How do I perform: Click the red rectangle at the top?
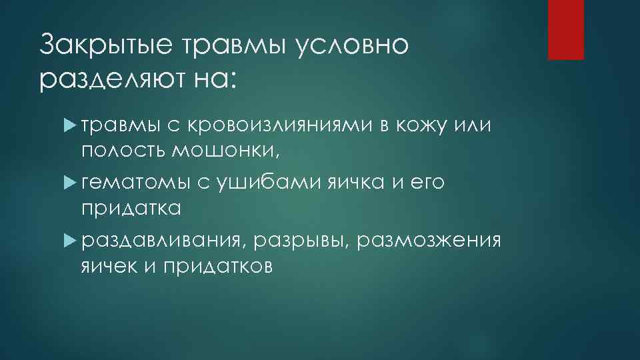pos(565,29)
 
